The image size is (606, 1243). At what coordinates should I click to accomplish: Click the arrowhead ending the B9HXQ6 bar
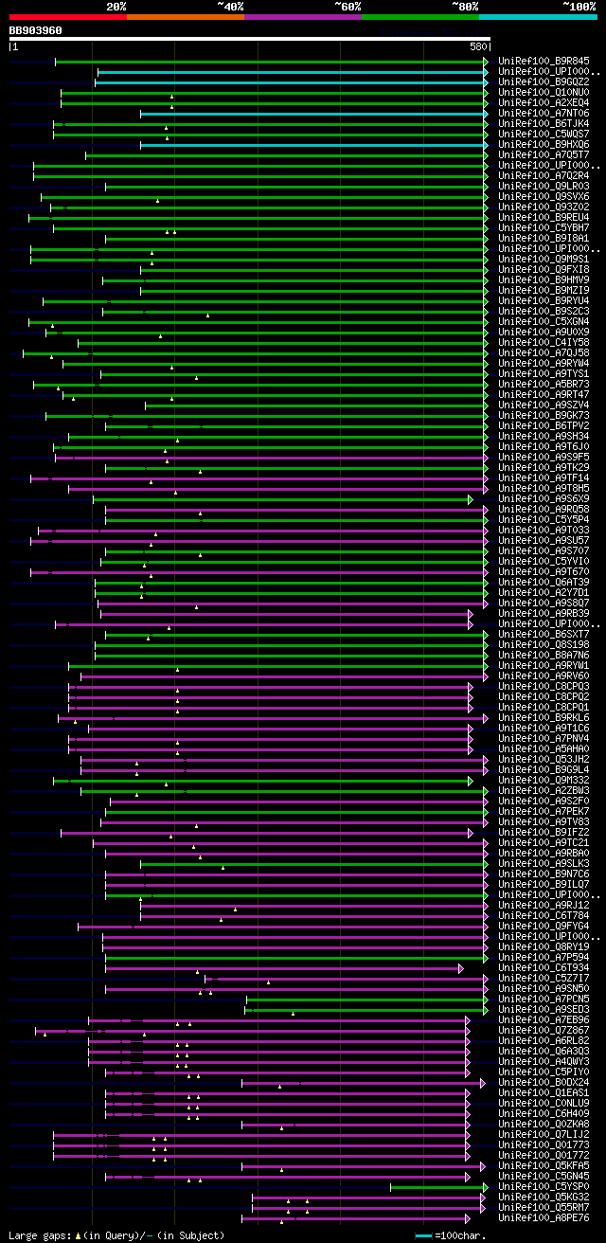tap(486, 145)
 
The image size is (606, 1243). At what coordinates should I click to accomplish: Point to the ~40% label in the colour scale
tap(230, 7)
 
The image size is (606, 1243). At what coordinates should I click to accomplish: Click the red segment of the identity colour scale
tap(67, 17)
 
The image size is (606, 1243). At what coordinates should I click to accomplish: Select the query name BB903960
tap(36, 30)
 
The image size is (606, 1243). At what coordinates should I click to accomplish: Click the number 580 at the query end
tap(478, 46)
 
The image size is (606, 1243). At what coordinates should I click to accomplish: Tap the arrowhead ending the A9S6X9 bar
tap(470, 499)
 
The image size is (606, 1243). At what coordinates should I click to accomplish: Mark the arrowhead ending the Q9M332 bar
tap(470, 781)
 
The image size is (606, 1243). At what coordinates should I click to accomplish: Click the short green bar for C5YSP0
tap(437, 1187)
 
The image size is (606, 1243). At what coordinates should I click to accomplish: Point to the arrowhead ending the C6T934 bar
tap(460, 968)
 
